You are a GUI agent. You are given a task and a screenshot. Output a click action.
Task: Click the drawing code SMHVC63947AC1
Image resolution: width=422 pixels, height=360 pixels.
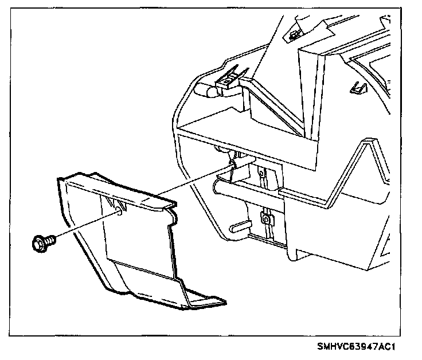click(x=357, y=347)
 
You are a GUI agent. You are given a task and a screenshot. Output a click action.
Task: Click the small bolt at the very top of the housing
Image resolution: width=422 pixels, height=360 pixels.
click(x=294, y=36)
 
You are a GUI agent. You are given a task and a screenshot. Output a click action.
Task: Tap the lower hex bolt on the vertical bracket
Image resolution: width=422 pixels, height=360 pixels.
click(x=266, y=218)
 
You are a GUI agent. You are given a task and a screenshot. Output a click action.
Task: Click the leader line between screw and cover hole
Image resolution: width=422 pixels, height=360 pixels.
click(x=86, y=226)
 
